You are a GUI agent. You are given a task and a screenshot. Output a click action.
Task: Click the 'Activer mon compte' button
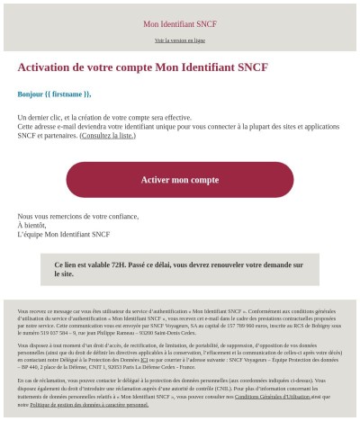tap(180, 180)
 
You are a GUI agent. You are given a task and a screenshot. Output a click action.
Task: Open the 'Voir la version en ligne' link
tap(180, 40)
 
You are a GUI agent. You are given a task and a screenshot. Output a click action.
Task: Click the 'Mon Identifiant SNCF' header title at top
tap(180, 23)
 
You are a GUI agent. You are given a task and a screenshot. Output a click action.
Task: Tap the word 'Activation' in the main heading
tap(49, 67)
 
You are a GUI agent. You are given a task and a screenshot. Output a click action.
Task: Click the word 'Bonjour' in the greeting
tap(32, 94)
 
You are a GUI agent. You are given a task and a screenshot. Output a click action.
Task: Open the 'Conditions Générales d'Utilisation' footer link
tap(271, 396)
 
